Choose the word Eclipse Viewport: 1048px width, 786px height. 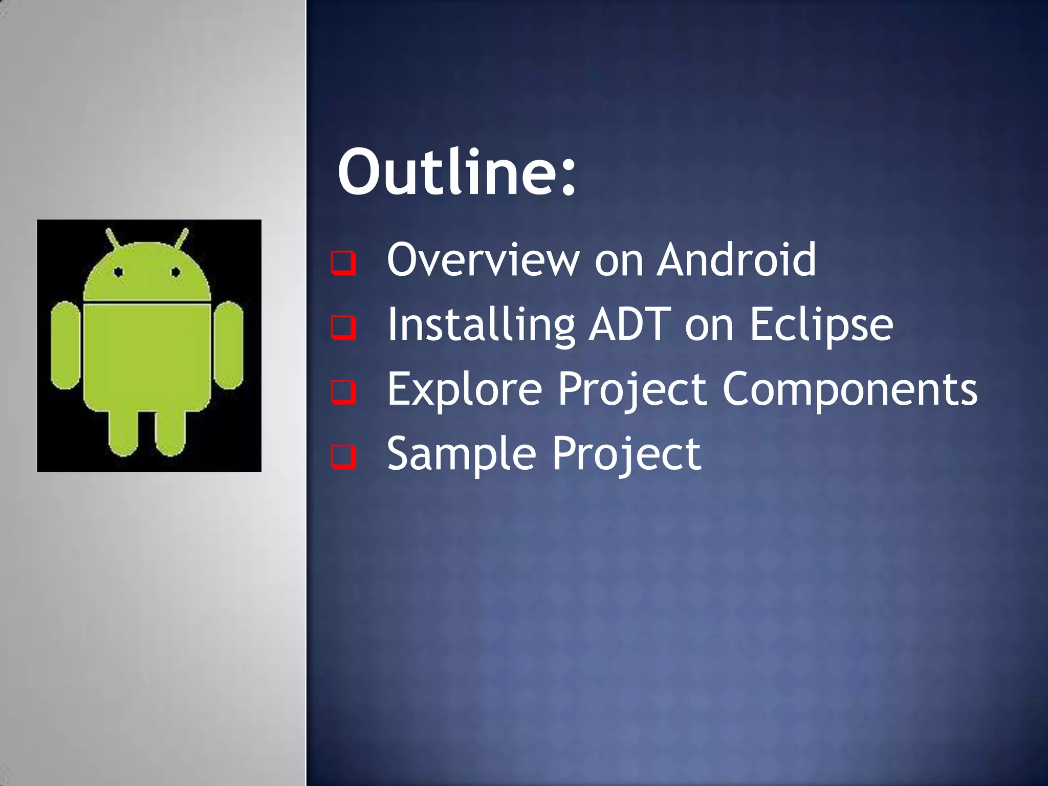pyautogui.click(x=821, y=325)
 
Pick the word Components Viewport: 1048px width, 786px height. pyautogui.click(x=849, y=390)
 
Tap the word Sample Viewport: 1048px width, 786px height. pyautogui.click(x=461, y=454)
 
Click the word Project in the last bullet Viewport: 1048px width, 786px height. pyautogui.click(x=626, y=454)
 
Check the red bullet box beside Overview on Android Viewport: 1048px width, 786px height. pyautogui.click(x=343, y=263)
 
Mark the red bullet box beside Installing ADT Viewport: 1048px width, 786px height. pyautogui.click(x=343, y=327)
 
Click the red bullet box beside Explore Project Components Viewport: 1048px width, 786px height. pyautogui.click(x=343, y=392)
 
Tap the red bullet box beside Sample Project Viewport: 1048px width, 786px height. pyautogui.click(x=343, y=456)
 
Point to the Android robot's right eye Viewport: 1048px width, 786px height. pyautogui.click(x=176, y=272)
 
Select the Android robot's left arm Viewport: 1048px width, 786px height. pyautogui.click(x=65, y=345)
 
